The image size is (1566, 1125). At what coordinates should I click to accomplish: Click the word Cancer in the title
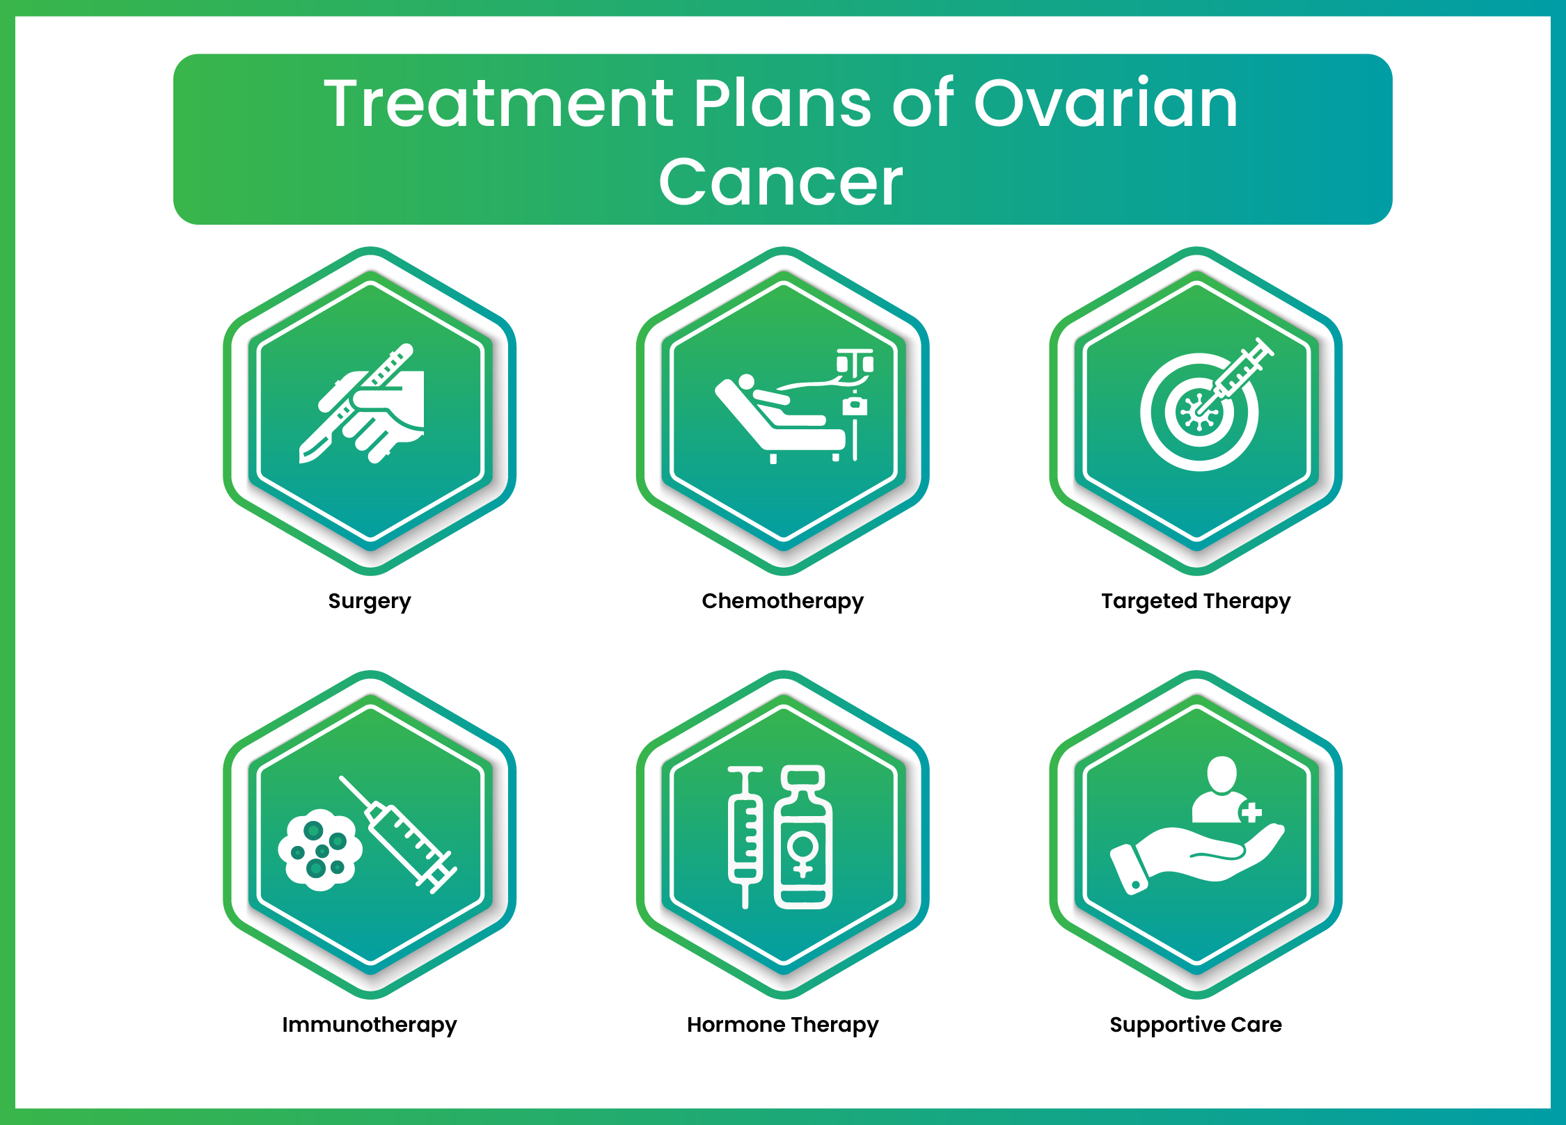point(780,182)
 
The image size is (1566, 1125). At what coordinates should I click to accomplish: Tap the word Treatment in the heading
point(498,104)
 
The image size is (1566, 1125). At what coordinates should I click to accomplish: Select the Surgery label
point(370,600)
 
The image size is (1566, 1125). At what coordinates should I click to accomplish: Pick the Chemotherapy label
point(782,600)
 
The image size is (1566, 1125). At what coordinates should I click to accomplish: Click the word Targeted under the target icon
point(1148,600)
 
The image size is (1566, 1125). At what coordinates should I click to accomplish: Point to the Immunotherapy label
point(370,1024)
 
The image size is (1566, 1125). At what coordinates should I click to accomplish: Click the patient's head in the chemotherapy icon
point(745,382)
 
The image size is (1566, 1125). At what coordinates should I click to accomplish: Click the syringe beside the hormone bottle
point(745,835)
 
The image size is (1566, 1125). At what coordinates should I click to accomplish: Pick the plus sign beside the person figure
point(1251,812)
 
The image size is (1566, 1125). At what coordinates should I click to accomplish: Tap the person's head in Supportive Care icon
point(1221,773)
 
